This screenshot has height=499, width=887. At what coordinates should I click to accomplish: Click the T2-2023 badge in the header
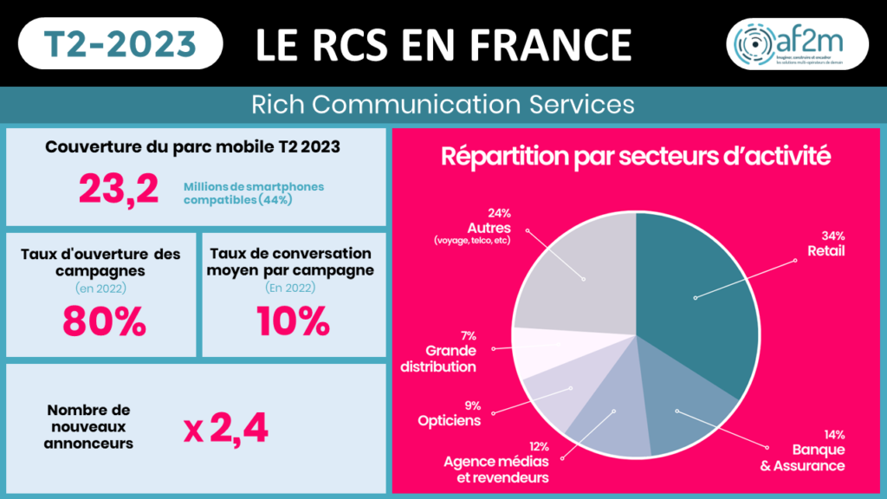pyautogui.click(x=120, y=43)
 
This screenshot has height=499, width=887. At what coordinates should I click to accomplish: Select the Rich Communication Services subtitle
pyautogui.click(x=443, y=105)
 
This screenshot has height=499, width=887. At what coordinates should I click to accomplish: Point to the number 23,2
pyautogui.click(x=119, y=189)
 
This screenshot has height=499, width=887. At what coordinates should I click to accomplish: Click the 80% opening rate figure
pyautogui.click(x=104, y=321)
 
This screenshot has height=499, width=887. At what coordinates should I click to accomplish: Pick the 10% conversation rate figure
pyautogui.click(x=293, y=321)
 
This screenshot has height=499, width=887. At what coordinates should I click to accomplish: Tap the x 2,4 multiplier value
pyautogui.click(x=226, y=427)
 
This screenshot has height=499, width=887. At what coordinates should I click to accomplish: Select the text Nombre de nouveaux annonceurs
pyautogui.click(x=88, y=426)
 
